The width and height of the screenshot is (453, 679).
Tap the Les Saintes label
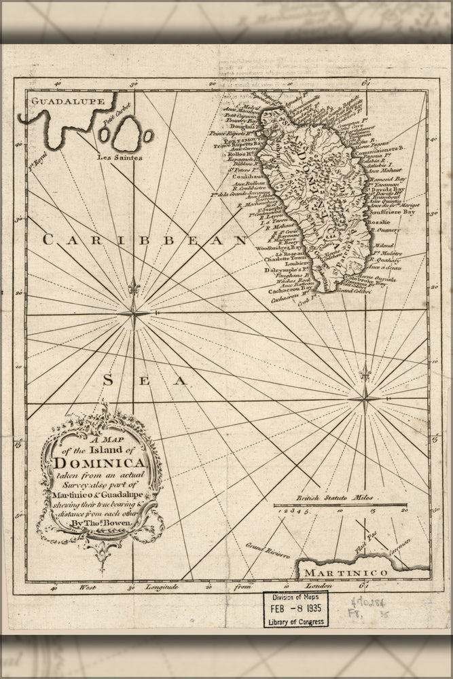(x=120, y=158)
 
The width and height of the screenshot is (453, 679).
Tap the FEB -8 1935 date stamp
(x=295, y=609)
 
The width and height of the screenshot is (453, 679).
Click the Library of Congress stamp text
(x=295, y=621)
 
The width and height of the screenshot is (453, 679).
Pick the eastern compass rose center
(x=365, y=398)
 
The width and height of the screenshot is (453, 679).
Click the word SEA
(x=143, y=381)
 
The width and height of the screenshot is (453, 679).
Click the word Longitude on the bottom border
(x=158, y=586)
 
